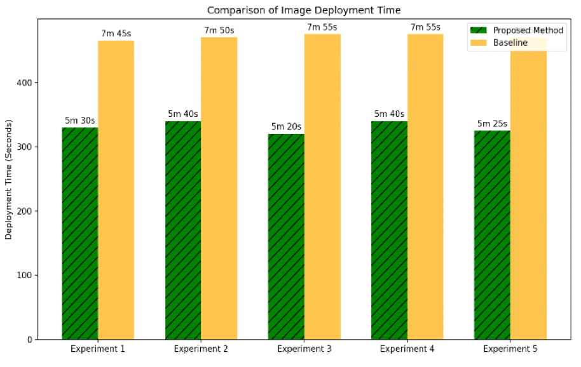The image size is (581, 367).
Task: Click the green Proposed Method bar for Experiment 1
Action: (80, 233)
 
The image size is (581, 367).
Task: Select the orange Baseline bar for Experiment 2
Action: (219, 188)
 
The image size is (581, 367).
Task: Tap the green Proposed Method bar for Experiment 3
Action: (286, 236)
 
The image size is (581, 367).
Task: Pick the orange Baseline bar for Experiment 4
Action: (425, 187)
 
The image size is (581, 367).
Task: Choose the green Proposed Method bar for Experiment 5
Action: (492, 235)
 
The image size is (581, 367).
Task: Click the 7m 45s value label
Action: (115, 33)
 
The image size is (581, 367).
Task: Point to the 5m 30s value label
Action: (79, 120)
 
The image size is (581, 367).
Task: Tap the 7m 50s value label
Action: (219, 30)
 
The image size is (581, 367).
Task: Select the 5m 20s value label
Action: (286, 126)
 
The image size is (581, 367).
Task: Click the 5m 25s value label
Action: (492, 123)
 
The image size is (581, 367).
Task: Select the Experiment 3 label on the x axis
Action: (304, 349)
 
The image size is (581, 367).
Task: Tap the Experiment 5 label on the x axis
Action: (510, 349)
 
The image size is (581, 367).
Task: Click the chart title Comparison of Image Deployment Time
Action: (304, 10)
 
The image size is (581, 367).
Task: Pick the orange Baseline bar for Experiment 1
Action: (116, 190)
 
